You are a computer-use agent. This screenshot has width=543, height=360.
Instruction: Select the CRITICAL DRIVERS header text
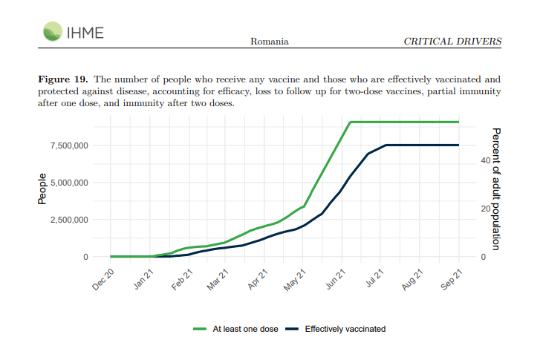click(x=452, y=41)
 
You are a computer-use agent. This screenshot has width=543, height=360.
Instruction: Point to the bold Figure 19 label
click(x=63, y=79)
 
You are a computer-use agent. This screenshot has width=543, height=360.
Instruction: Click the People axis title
click(x=42, y=189)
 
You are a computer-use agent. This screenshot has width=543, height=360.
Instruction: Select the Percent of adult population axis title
click(x=495, y=189)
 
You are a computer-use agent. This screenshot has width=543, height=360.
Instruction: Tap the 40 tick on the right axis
click(x=484, y=160)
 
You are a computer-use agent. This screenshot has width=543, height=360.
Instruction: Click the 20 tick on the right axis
click(x=484, y=209)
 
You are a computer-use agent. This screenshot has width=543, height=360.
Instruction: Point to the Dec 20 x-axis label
click(x=104, y=280)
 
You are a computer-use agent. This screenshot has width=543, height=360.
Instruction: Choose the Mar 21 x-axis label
click(x=219, y=280)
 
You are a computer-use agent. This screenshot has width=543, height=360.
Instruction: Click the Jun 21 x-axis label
click(x=335, y=280)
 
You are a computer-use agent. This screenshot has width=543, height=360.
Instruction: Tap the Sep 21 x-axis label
click(x=451, y=280)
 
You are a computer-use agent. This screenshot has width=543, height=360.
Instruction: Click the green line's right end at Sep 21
click(x=458, y=122)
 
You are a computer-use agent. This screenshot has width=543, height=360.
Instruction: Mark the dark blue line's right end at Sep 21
click(x=458, y=145)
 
